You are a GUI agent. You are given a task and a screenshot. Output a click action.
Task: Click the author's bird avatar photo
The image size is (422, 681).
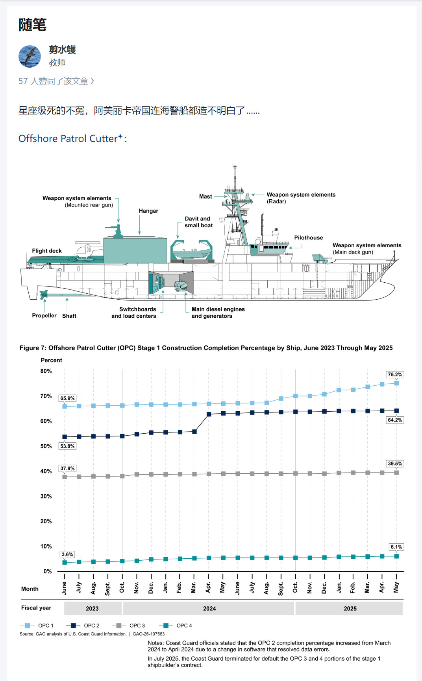(30, 56)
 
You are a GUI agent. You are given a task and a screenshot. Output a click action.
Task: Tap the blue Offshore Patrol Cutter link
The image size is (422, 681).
(68, 138)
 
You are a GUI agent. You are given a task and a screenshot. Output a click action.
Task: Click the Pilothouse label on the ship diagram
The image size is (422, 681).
(308, 237)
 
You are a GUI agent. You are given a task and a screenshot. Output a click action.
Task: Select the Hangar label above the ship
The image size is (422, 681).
(148, 211)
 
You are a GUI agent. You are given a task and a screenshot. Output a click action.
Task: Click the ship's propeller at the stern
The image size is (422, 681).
(43, 294)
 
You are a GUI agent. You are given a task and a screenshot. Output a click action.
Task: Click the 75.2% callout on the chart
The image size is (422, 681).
(395, 375)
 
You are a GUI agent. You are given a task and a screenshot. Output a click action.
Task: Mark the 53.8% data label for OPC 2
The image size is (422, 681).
(67, 446)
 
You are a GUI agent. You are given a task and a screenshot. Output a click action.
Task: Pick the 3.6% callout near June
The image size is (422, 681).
(67, 554)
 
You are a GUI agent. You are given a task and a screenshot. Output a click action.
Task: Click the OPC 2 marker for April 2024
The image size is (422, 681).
(209, 414)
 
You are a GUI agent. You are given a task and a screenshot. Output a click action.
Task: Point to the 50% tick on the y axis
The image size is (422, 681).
(46, 446)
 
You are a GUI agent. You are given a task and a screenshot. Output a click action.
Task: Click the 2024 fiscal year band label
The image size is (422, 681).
(209, 608)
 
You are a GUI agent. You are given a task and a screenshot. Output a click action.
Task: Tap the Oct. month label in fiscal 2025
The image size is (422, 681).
(295, 587)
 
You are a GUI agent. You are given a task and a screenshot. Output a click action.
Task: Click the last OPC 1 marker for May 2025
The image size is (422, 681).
(396, 383)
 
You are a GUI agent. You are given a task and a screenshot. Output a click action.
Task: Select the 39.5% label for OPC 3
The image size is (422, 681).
(395, 464)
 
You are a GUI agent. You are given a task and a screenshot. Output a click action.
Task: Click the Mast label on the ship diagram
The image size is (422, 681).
(205, 197)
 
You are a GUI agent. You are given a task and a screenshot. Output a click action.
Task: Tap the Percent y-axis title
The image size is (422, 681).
(52, 360)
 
